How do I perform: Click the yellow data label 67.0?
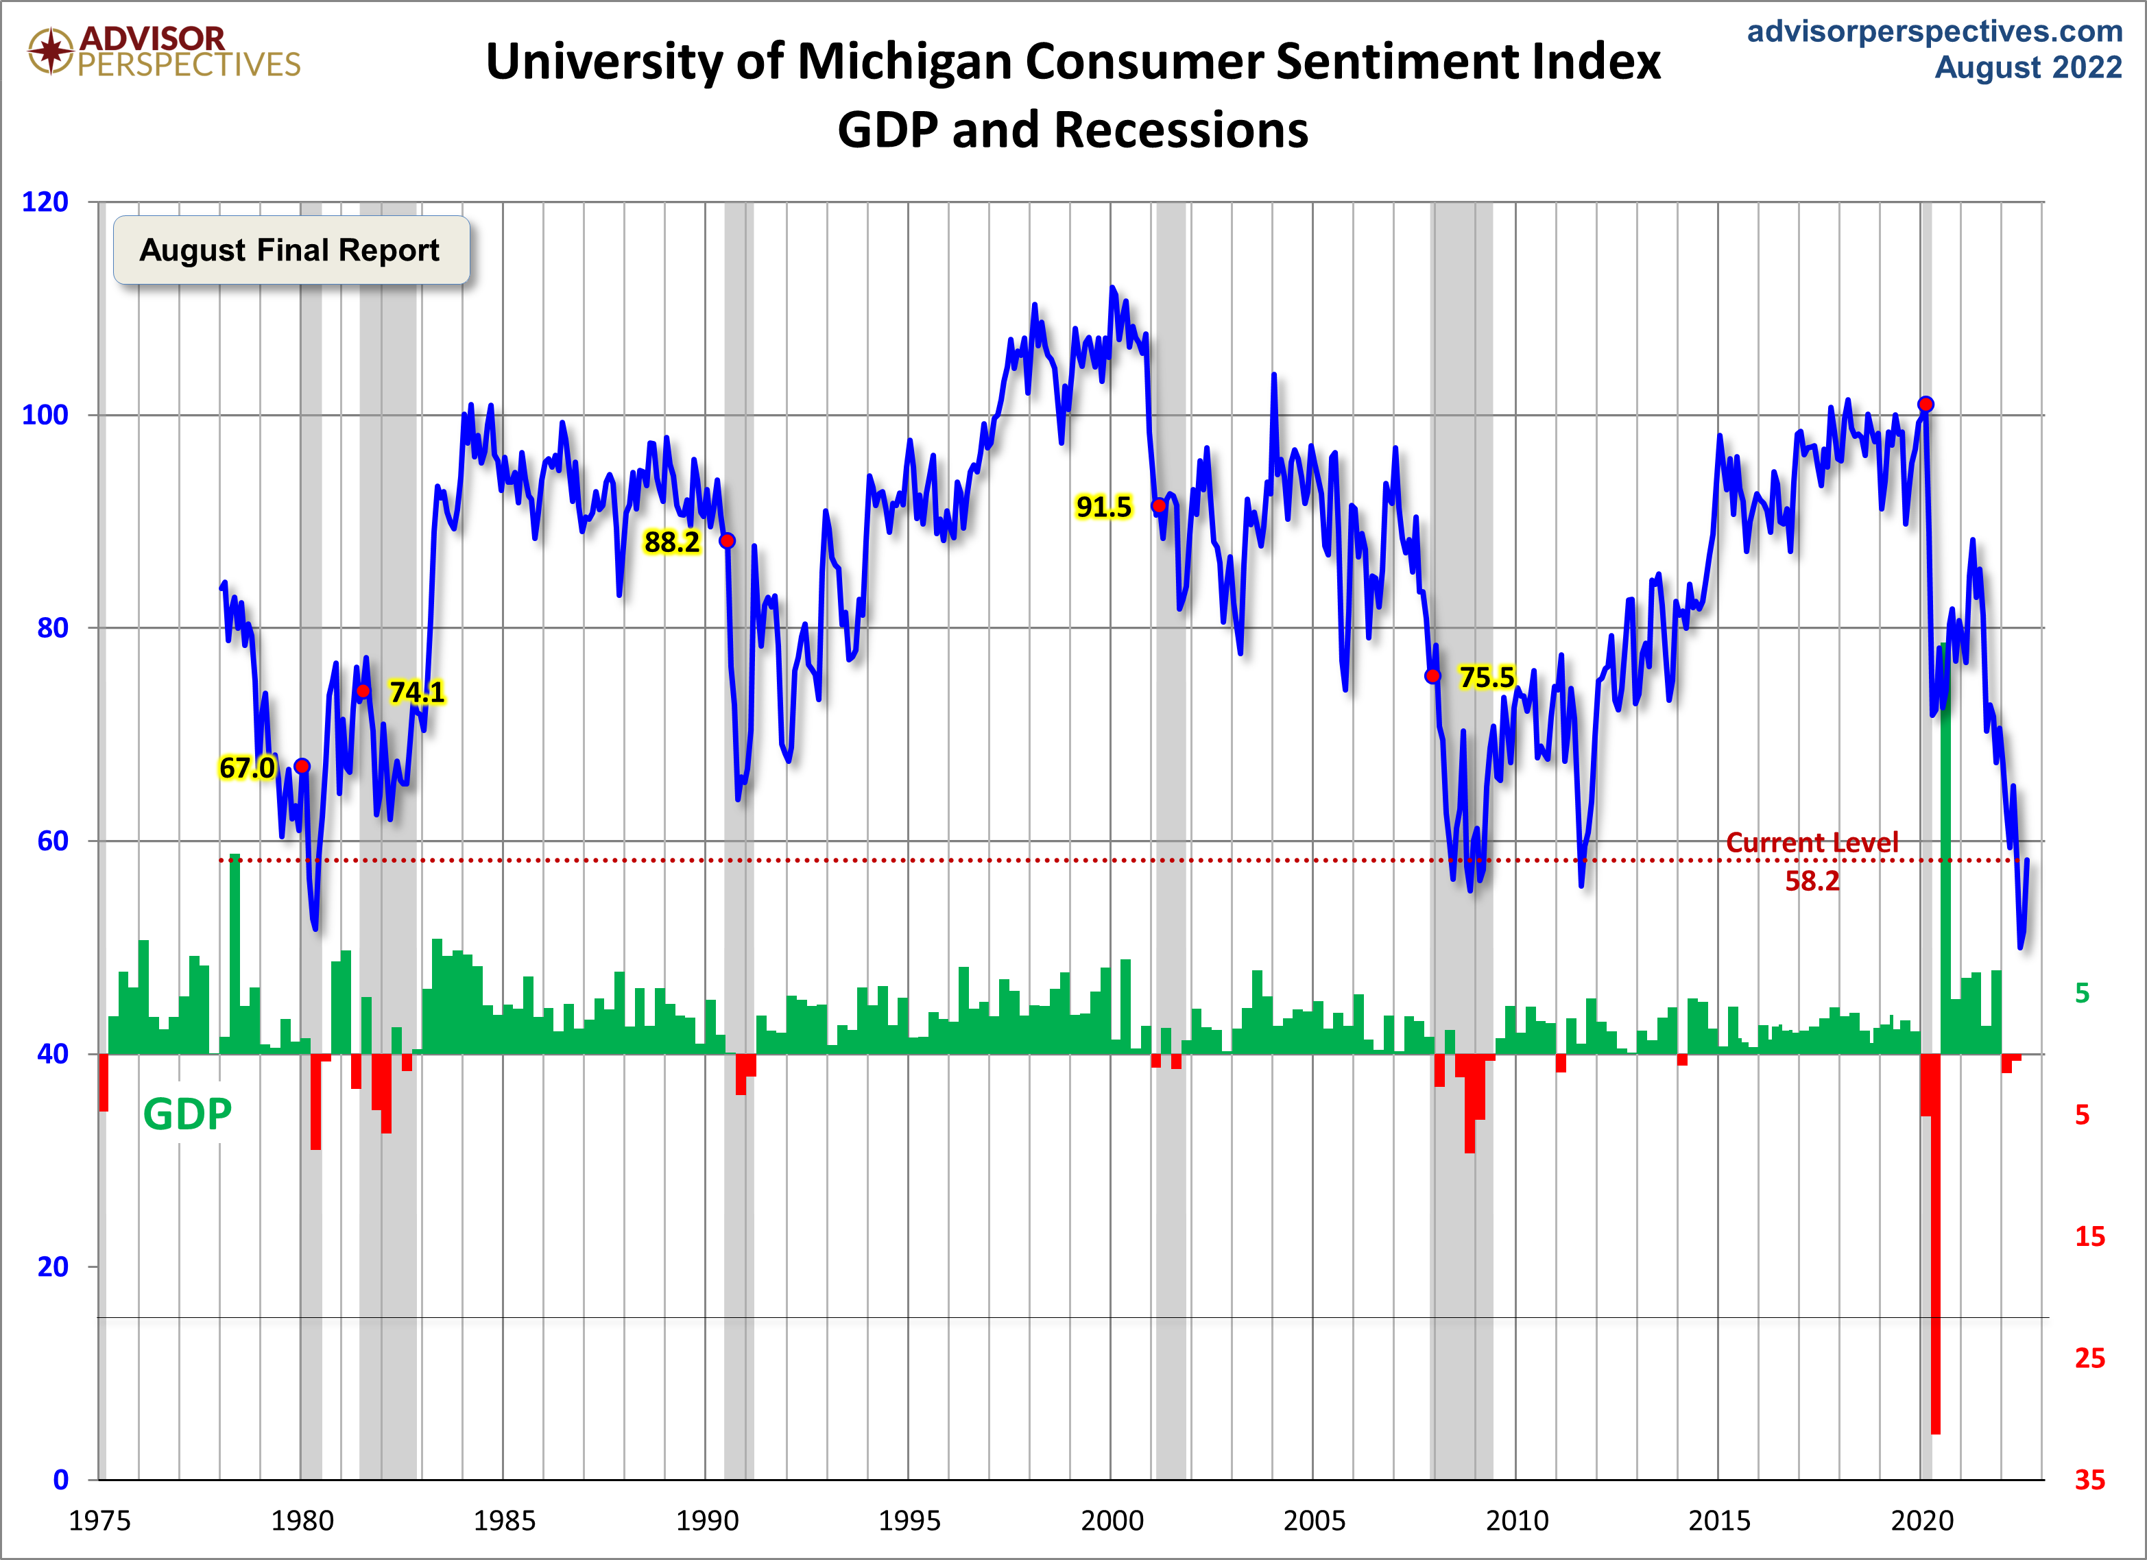coord(246,768)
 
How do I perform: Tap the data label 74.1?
coord(416,692)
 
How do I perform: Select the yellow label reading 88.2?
coord(671,542)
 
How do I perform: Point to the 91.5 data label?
coord(1103,507)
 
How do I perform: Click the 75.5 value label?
coord(1486,677)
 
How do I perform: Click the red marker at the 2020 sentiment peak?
coord(1926,404)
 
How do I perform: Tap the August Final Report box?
coord(291,250)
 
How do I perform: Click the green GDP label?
coord(187,1114)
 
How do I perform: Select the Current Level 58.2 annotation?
coord(1812,861)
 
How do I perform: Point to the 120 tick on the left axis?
coord(45,202)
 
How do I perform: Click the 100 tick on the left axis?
coord(45,415)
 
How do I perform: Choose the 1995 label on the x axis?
coord(909,1520)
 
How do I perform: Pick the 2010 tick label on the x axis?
coord(1517,1520)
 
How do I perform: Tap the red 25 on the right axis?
coord(2089,1358)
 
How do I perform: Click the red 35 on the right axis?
coord(2089,1480)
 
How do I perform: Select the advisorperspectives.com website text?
coord(1934,32)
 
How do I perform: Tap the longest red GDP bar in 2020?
coord(1936,1249)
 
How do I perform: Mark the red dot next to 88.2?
coord(727,540)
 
